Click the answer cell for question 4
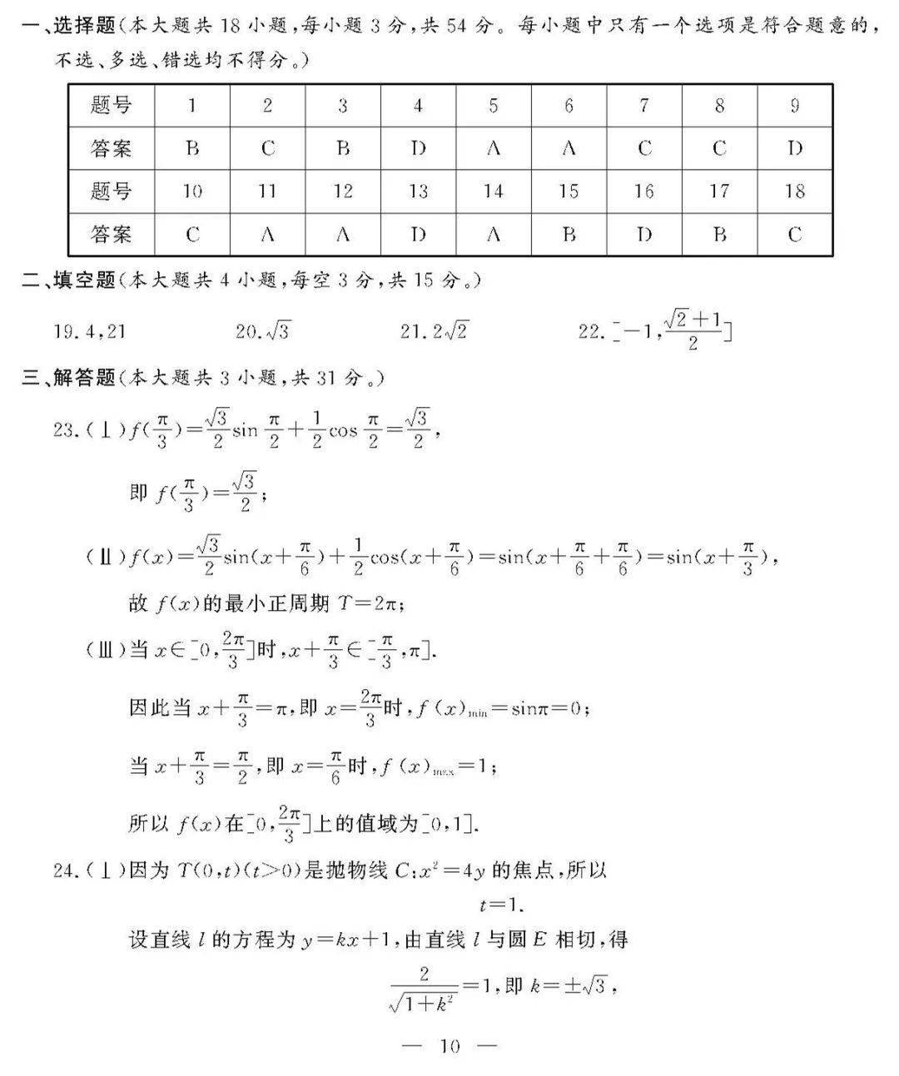coord(418,148)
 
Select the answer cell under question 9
coord(794,148)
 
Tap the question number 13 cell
coord(418,191)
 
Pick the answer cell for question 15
coord(569,235)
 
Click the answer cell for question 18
coord(794,235)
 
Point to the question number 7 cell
coord(644,105)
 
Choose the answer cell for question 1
coord(192,148)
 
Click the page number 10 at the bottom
coord(449,1046)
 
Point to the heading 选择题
coord(82,26)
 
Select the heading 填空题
coord(82,280)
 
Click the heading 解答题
coord(82,378)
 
